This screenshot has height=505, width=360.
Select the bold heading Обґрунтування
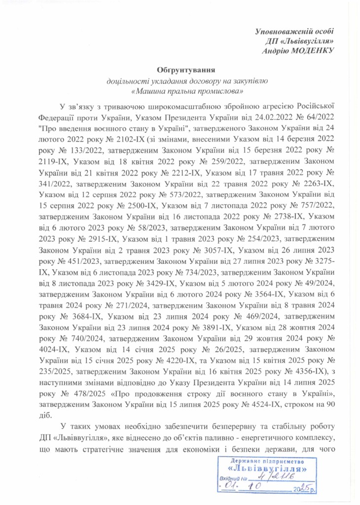pyautogui.click(x=186, y=71)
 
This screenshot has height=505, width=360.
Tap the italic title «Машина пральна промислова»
pyautogui.click(x=186, y=91)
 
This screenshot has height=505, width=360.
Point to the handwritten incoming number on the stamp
pyautogui.click(x=273, y=479)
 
